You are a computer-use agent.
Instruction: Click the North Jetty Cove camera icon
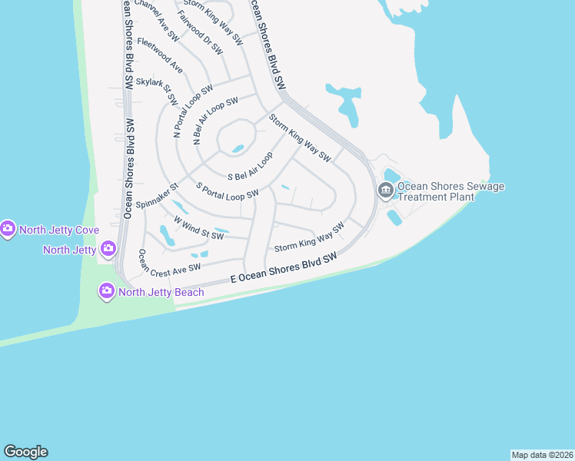click(8, 229)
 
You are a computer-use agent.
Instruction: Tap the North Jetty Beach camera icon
click(106, 292)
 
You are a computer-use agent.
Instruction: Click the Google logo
click(25, 452)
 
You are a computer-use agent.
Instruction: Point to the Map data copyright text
click(542, 454)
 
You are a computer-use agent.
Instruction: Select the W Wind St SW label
click(198, 228)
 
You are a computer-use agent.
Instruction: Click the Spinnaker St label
click(157, 197)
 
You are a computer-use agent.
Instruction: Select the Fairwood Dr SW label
click(199, 32)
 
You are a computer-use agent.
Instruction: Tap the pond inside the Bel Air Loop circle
click(238, 148)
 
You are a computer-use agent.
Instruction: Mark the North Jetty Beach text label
click(161, 292)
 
